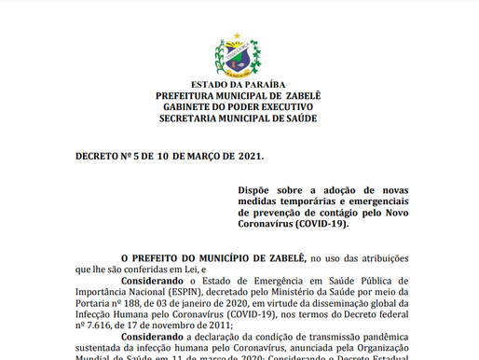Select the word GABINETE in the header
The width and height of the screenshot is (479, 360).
(x=190, y=107)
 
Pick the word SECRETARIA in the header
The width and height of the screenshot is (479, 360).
(x=193, y=119)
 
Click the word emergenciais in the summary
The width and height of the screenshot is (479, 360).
(x=379, y=201)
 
